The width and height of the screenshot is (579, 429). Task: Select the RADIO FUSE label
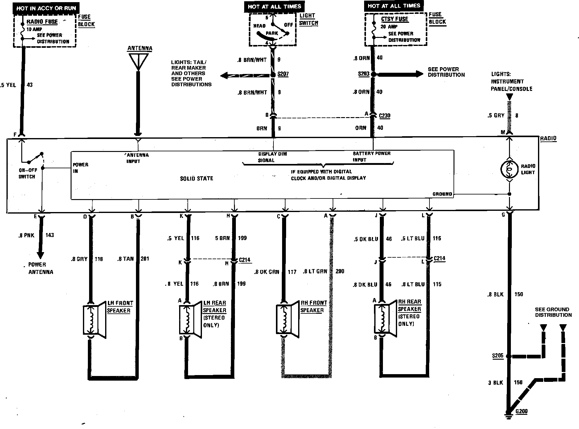42,22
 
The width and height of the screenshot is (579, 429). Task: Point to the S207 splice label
283,74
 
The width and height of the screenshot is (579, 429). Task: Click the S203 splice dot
373,74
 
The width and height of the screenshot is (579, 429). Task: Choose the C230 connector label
384,116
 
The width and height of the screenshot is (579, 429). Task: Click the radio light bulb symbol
509,169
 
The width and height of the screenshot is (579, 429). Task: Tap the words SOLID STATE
196,178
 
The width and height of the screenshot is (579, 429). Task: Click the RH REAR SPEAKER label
409,305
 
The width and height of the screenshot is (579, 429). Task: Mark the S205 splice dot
509,356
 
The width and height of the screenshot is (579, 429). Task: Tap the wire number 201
145,259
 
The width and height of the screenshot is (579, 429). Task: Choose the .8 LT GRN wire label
315,272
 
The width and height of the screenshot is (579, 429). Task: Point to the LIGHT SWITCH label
308,19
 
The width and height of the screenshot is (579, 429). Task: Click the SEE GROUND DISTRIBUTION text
553,312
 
